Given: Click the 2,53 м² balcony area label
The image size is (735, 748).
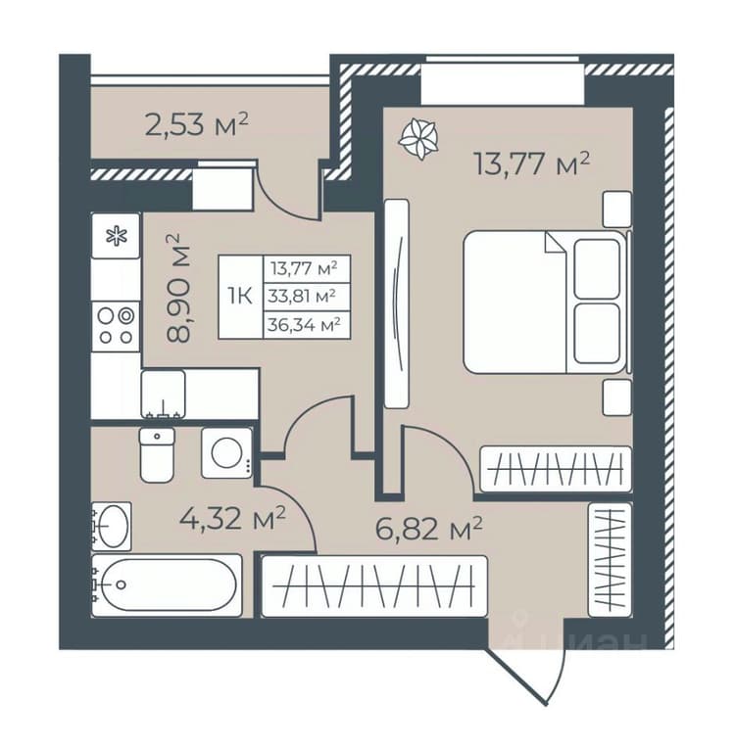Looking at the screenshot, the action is coord(196,124).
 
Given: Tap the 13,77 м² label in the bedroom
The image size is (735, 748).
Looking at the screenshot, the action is coord(531,164).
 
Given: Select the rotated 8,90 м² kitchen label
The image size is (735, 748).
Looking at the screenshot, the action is coord(178,288).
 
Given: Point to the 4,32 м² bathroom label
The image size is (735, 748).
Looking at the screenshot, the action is coord(232,519).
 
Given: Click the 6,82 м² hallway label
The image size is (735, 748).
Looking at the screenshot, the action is coord(429,529).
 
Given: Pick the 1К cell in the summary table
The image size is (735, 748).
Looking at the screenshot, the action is coord(240,297).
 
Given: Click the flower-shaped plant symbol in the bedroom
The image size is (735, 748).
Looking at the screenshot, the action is coord(418,139).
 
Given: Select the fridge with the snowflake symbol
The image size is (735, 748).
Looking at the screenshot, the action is coord(116,236).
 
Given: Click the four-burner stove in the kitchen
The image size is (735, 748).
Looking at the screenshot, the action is coord(116,326).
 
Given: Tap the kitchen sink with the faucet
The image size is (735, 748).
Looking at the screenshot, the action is coord(164,395).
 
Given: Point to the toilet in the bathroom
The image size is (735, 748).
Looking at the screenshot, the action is coord(157,454).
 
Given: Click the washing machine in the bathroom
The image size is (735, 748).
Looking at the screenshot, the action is coord(226,452).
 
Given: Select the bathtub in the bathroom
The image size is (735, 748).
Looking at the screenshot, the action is coord(167,584).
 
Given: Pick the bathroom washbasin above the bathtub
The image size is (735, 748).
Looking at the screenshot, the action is coord(112,526).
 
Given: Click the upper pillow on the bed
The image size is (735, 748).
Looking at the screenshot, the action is coord(597,269).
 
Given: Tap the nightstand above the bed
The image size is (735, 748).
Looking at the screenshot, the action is coord(617,209).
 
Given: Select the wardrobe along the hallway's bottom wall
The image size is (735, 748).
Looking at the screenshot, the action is coord(374,585).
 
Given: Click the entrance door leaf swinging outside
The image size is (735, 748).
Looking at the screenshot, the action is coord(517,677).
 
